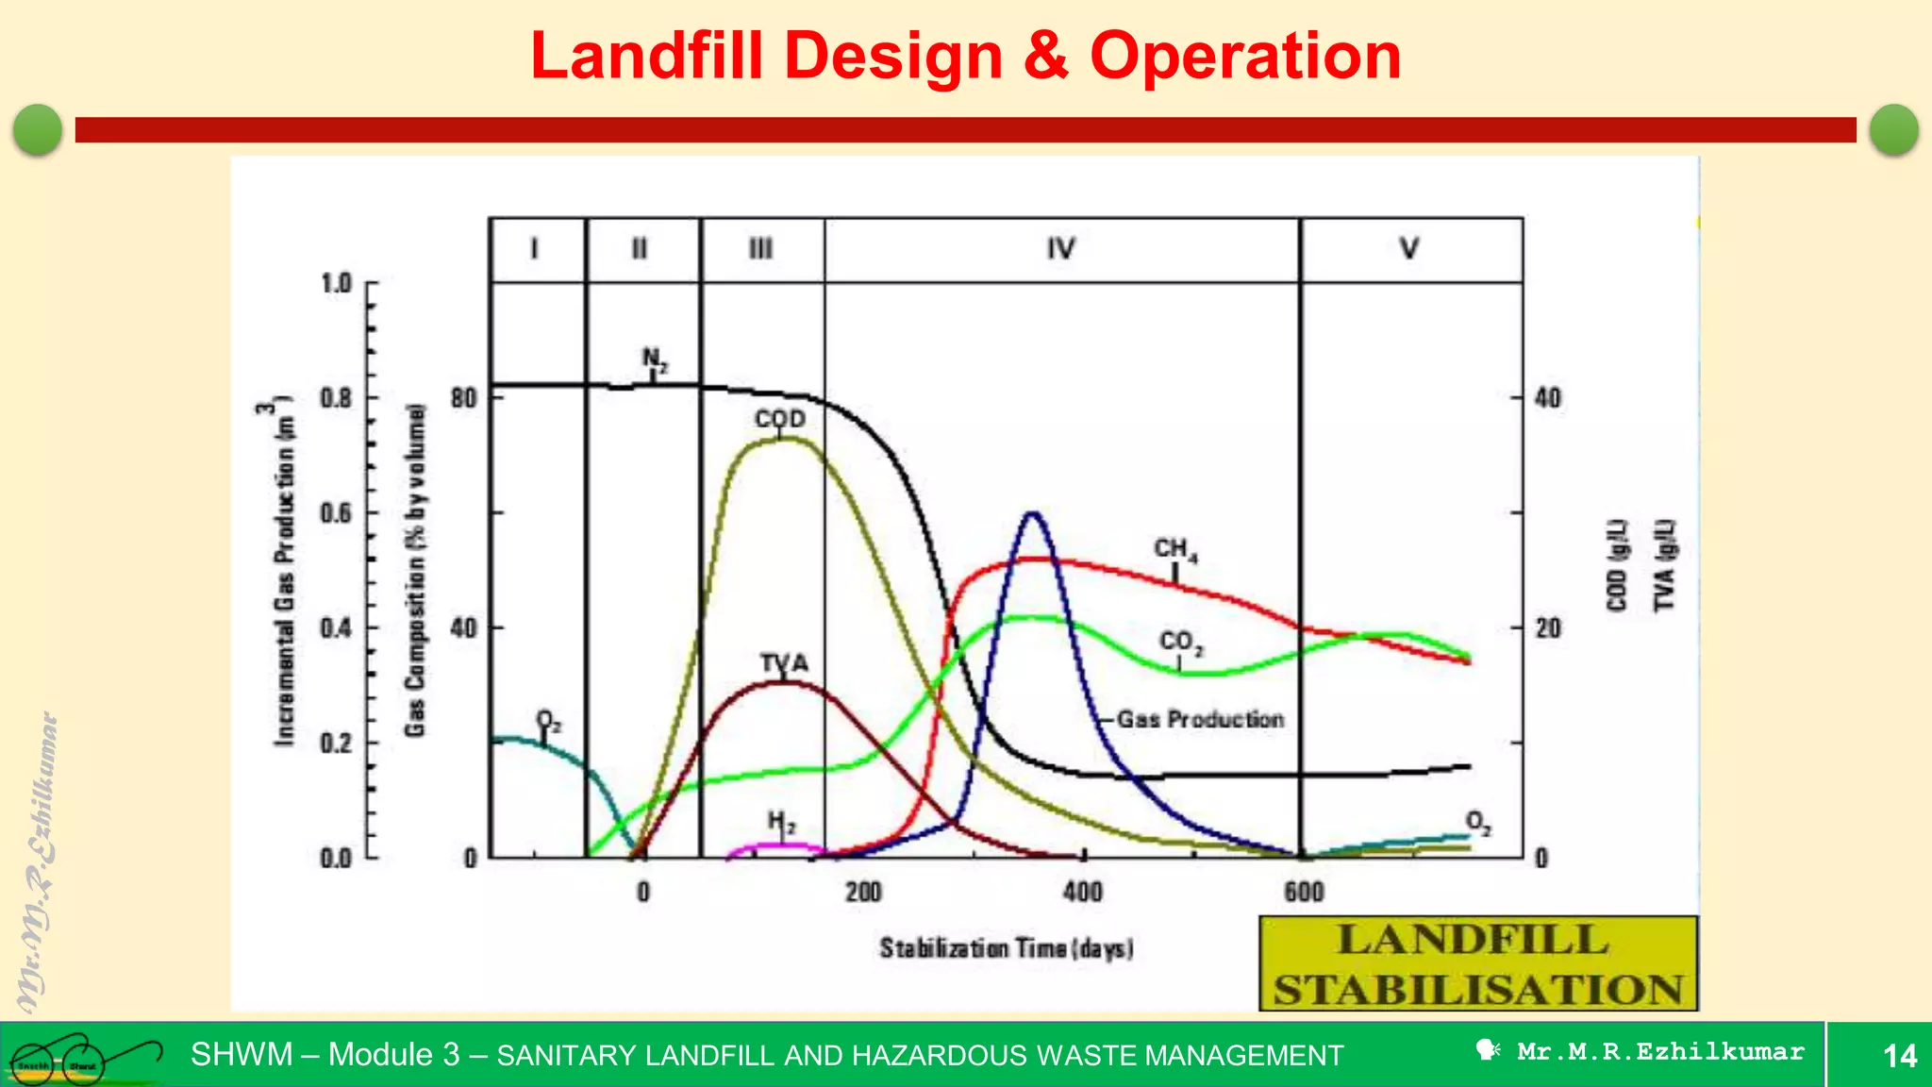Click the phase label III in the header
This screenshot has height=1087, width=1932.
point(760,249)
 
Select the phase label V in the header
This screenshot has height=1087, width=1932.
point(1408,249)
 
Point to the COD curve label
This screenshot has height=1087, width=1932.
point(780,419)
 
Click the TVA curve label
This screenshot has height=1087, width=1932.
point(784,663)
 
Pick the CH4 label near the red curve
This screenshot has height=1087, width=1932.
point(1175,549)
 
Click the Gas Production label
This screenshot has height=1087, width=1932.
point(1200,719)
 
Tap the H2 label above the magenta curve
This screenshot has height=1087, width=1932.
point(781,823)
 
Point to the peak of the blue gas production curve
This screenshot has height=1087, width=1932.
point(1032,514)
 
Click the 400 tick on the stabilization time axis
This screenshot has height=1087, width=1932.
point(1083,892)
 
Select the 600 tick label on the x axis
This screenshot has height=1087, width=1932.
point(1304,892)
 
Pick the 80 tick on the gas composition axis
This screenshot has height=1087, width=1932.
point(464,398)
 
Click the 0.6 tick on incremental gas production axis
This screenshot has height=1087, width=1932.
point(336,513)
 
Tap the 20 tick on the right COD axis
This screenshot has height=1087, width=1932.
point(1548,628)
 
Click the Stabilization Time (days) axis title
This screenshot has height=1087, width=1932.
point(1006,947)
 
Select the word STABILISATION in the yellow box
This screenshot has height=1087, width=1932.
point(1477,990)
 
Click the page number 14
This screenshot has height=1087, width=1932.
point(1899,1055)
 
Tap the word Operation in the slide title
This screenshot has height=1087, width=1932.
point(1245,57)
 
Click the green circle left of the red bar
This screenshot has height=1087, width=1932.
point(39,129)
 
